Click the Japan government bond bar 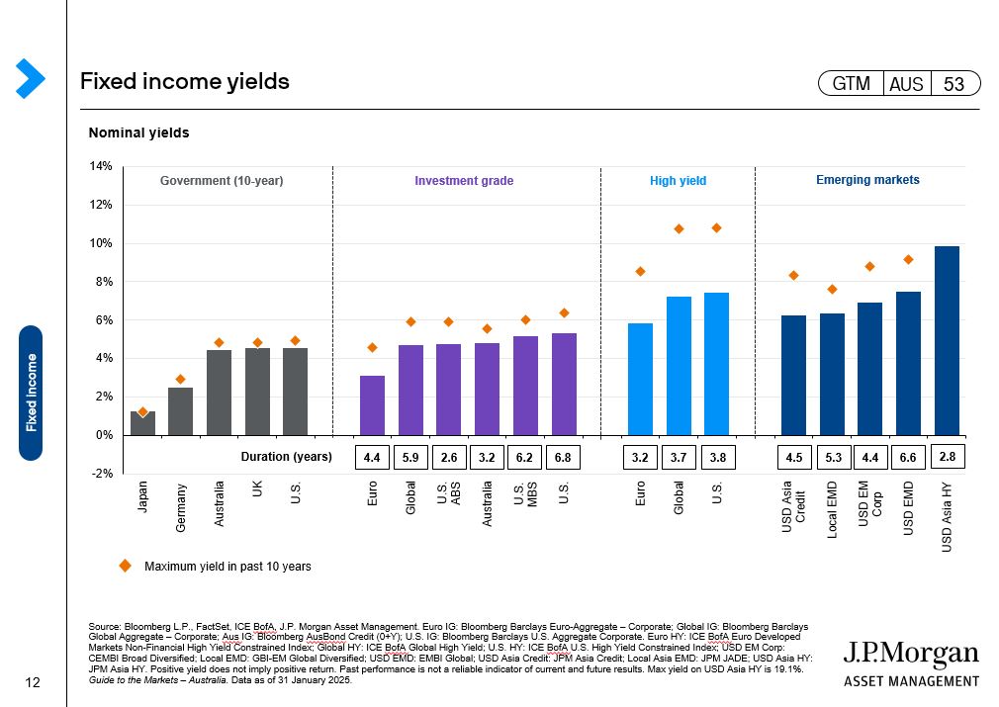[x=142, y=423]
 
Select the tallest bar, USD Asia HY [x=947, y=341]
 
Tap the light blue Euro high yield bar [x=640, y=379]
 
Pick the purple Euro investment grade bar [x=372, y=405]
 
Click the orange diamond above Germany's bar [x=180, y=379]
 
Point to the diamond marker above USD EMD [x=908, y=259]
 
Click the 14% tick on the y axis [x=101, y=166]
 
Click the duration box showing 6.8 [x=564, y=458]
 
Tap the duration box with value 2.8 [x=947, y=457]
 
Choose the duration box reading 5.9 [x=410, y=458]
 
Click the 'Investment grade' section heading [x=464, y=181]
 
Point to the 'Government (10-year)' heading [x=222, y=181]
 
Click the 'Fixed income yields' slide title [x=185, y=81]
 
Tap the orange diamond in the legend [x=126, y=566]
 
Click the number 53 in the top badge [x=954, y=84]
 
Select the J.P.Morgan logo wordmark [x=911, y=655]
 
